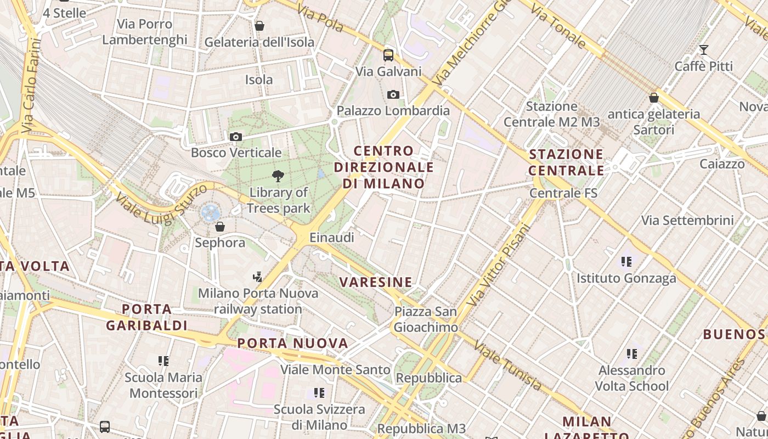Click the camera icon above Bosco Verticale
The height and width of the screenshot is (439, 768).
point(236,137)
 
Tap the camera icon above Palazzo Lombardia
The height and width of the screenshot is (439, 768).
point(393,94)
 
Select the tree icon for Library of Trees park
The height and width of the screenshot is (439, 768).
point(278,176)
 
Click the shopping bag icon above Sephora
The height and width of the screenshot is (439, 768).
point(220,226)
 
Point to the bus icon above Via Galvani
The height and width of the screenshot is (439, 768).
point(388,55)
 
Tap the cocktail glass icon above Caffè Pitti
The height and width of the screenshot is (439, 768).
point(704,50)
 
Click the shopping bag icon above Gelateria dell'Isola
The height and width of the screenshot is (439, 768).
point(259,26)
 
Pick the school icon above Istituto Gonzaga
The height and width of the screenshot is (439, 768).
point(626,261)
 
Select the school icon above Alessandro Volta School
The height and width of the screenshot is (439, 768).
point(632,353)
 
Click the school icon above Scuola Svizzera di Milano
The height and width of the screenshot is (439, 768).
point(319,392)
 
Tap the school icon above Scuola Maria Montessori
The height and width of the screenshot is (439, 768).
point(163,361)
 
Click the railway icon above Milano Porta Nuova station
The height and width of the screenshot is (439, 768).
point(258,277)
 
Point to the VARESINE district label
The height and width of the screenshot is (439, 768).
point(376,283)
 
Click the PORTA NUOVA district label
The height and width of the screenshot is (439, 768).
point(293,344)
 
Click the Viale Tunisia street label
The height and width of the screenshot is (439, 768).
point(507,366)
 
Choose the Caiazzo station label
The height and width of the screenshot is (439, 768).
point(722,164)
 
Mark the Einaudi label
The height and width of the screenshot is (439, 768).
point(332,238)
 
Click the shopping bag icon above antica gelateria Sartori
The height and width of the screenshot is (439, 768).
point(653,98)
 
